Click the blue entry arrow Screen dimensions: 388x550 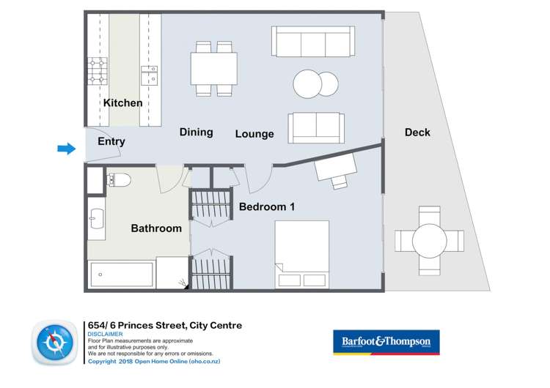click(67, 149)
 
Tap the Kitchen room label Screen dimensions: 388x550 click(122, 103)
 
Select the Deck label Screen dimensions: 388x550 click(417, 133)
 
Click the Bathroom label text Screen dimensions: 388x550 click(156, 228)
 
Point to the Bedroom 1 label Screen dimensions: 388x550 click(267, 207)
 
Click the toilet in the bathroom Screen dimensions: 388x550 click(118, 179)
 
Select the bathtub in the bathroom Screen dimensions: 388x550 click(121, 275)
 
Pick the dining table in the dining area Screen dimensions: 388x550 click(214, 69)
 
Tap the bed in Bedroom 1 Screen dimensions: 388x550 click(301, 255)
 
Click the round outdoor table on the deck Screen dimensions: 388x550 click(429, 240)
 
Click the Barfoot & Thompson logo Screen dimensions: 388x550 click(386, 342)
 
